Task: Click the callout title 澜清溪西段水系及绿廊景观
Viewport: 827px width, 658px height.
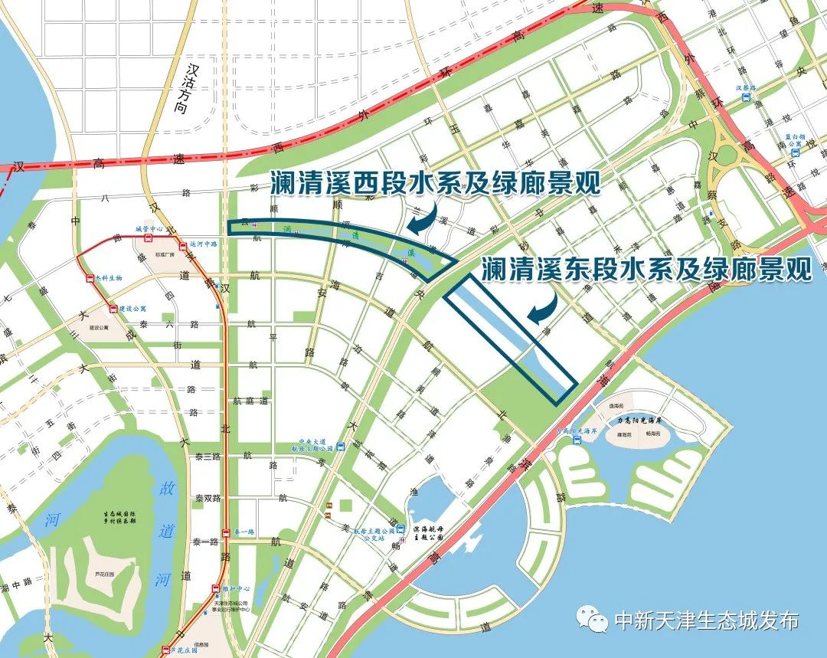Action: (x=434, y=184)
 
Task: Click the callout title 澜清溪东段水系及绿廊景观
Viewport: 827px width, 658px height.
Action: (x=647, y=269)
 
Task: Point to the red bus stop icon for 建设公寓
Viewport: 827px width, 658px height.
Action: (x=113, y=309)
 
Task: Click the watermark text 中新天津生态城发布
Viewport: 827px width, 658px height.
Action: (x=706, y=620)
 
